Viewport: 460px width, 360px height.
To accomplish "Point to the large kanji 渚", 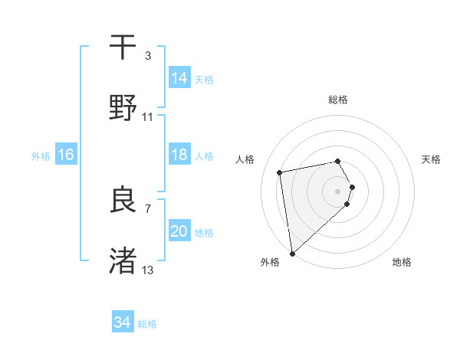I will coord(124,260).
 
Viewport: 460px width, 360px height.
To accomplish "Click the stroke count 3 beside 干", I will coord(147,56).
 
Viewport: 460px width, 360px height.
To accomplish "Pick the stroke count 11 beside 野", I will coord(148,117).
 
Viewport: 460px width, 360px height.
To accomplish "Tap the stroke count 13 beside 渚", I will coord(148,270).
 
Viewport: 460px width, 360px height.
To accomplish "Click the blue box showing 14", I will coord(179,78).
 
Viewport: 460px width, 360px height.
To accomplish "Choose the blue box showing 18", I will coord(179,155).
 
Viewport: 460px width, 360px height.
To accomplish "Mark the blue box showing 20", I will coord(179,231).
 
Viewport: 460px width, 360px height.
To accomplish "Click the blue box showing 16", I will coord(66,155).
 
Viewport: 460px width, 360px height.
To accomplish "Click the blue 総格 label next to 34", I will coord(148,324).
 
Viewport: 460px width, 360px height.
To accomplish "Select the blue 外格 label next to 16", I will coord(41,156).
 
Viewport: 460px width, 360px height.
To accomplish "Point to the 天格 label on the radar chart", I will coord(432,159).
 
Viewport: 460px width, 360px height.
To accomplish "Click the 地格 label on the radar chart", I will coord(402,262).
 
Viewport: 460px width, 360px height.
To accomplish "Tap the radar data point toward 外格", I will coord(291,252).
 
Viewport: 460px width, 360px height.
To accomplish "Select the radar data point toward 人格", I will coord(279,172).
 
